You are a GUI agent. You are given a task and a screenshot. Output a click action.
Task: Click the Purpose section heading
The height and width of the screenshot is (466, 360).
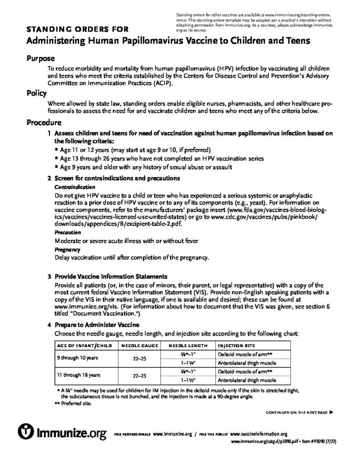coord(41,59)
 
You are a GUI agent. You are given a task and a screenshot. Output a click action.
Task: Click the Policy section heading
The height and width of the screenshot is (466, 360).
coord(36,93)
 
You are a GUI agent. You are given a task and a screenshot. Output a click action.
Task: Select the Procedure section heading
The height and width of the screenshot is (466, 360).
coord(45,122)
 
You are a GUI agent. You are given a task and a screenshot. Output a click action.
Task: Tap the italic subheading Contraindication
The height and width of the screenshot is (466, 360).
coord(75,187)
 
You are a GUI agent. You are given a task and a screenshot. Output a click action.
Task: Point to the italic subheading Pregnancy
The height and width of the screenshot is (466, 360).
coord(67,249)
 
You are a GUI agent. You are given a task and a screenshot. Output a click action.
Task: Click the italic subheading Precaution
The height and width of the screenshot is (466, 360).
coord(68,232)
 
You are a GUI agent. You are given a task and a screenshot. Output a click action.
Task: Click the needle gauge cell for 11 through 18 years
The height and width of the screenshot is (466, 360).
coord(139,376)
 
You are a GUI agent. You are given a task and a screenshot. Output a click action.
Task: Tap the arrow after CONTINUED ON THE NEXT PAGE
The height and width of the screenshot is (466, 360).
coord(331,412)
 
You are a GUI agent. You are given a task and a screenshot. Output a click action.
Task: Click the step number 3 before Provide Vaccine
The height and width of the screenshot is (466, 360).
coord(49,276)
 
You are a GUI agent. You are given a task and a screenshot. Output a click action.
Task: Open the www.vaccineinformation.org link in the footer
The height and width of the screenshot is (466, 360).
coord(259,434)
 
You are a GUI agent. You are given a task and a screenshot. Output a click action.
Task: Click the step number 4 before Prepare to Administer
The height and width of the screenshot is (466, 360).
coord(49,325)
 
